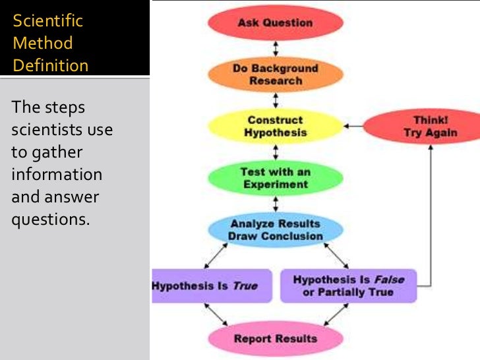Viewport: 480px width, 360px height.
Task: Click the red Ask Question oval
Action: (x=276, y=23)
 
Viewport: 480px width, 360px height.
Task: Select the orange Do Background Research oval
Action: (x=276, y=75)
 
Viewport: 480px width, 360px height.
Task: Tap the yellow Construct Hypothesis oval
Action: (x=276, y=126)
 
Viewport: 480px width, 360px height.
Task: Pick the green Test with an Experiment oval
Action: (x=276, y=177)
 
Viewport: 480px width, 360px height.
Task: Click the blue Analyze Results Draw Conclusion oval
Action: (x=276, y=229)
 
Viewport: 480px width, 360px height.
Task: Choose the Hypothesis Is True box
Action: (x=212, y=286)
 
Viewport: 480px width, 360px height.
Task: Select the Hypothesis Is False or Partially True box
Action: (x=349, y=286)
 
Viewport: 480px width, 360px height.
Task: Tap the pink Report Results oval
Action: (x=276, y=339)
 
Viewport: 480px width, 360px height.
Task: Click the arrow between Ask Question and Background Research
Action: (x=276, y=49)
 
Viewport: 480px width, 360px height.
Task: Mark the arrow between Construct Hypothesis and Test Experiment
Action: (x=276, y=152)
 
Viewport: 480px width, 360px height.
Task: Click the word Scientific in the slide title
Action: (x=48, y=21)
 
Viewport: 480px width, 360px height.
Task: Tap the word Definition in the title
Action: (x=50, y=66)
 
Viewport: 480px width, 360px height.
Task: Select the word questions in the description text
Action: (x=50, y=219)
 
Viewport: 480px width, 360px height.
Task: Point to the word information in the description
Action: (x=57, y=174)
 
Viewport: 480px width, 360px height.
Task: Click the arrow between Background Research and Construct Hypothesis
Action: (x=276, y=100)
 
